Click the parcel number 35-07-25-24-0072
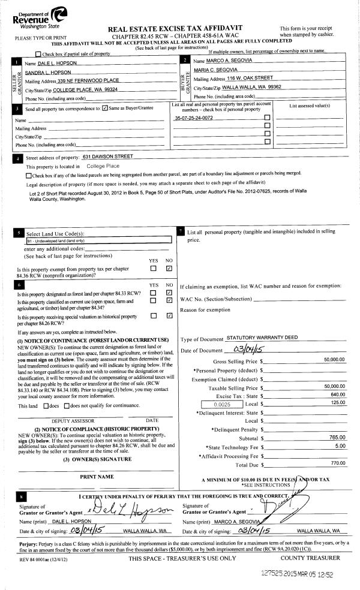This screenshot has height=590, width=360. tap(193, 118)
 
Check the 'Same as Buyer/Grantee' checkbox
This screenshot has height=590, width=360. tap(106, 109)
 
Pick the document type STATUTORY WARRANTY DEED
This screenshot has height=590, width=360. tap(262, 338)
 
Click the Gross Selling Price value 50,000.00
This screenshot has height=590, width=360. tap(334, 359)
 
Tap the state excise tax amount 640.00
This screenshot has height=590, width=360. tap(337, 395)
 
